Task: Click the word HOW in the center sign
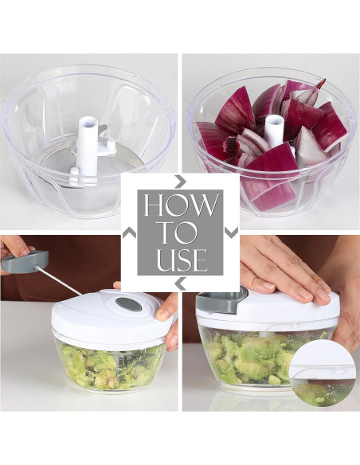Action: (180, 205)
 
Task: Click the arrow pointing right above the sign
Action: (181, 181)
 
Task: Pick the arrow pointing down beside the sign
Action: (232, 232)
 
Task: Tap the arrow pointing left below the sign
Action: (180, 284)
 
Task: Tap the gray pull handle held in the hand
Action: (25, 261)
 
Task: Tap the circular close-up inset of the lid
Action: (322, 374)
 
